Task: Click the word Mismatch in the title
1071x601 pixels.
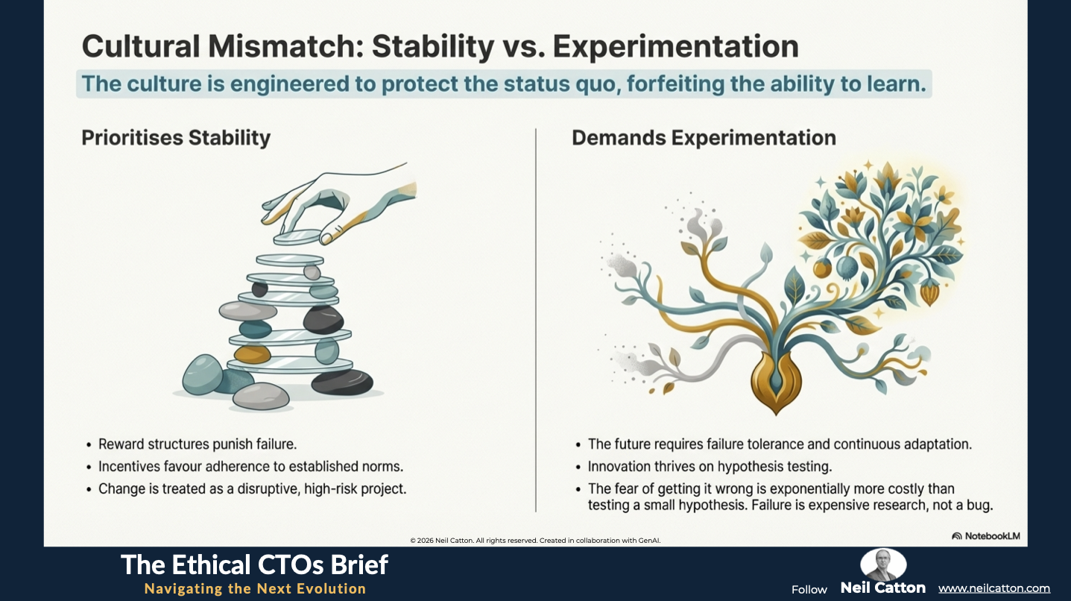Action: click(285, 46)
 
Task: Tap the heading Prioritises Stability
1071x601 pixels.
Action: click(176, 138)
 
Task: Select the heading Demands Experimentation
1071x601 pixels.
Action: click(704, 138)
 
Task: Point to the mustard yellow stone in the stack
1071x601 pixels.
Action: click(253, 354)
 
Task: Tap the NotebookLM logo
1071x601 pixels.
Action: click(986, 536)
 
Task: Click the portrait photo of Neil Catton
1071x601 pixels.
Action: click(883, 564)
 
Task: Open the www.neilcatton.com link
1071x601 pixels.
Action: click(994, 588)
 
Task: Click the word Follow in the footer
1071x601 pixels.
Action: click(809, 590)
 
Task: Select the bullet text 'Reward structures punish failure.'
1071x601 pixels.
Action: click(198, 444)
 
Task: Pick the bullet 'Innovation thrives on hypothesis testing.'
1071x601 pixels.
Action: click(710, 467)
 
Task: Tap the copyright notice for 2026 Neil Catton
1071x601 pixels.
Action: click(535, 541)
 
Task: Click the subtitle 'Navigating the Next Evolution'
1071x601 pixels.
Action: click(256, 588)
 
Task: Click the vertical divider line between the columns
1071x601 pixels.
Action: click(535, 320)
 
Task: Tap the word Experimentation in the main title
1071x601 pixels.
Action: click(675, 46)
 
